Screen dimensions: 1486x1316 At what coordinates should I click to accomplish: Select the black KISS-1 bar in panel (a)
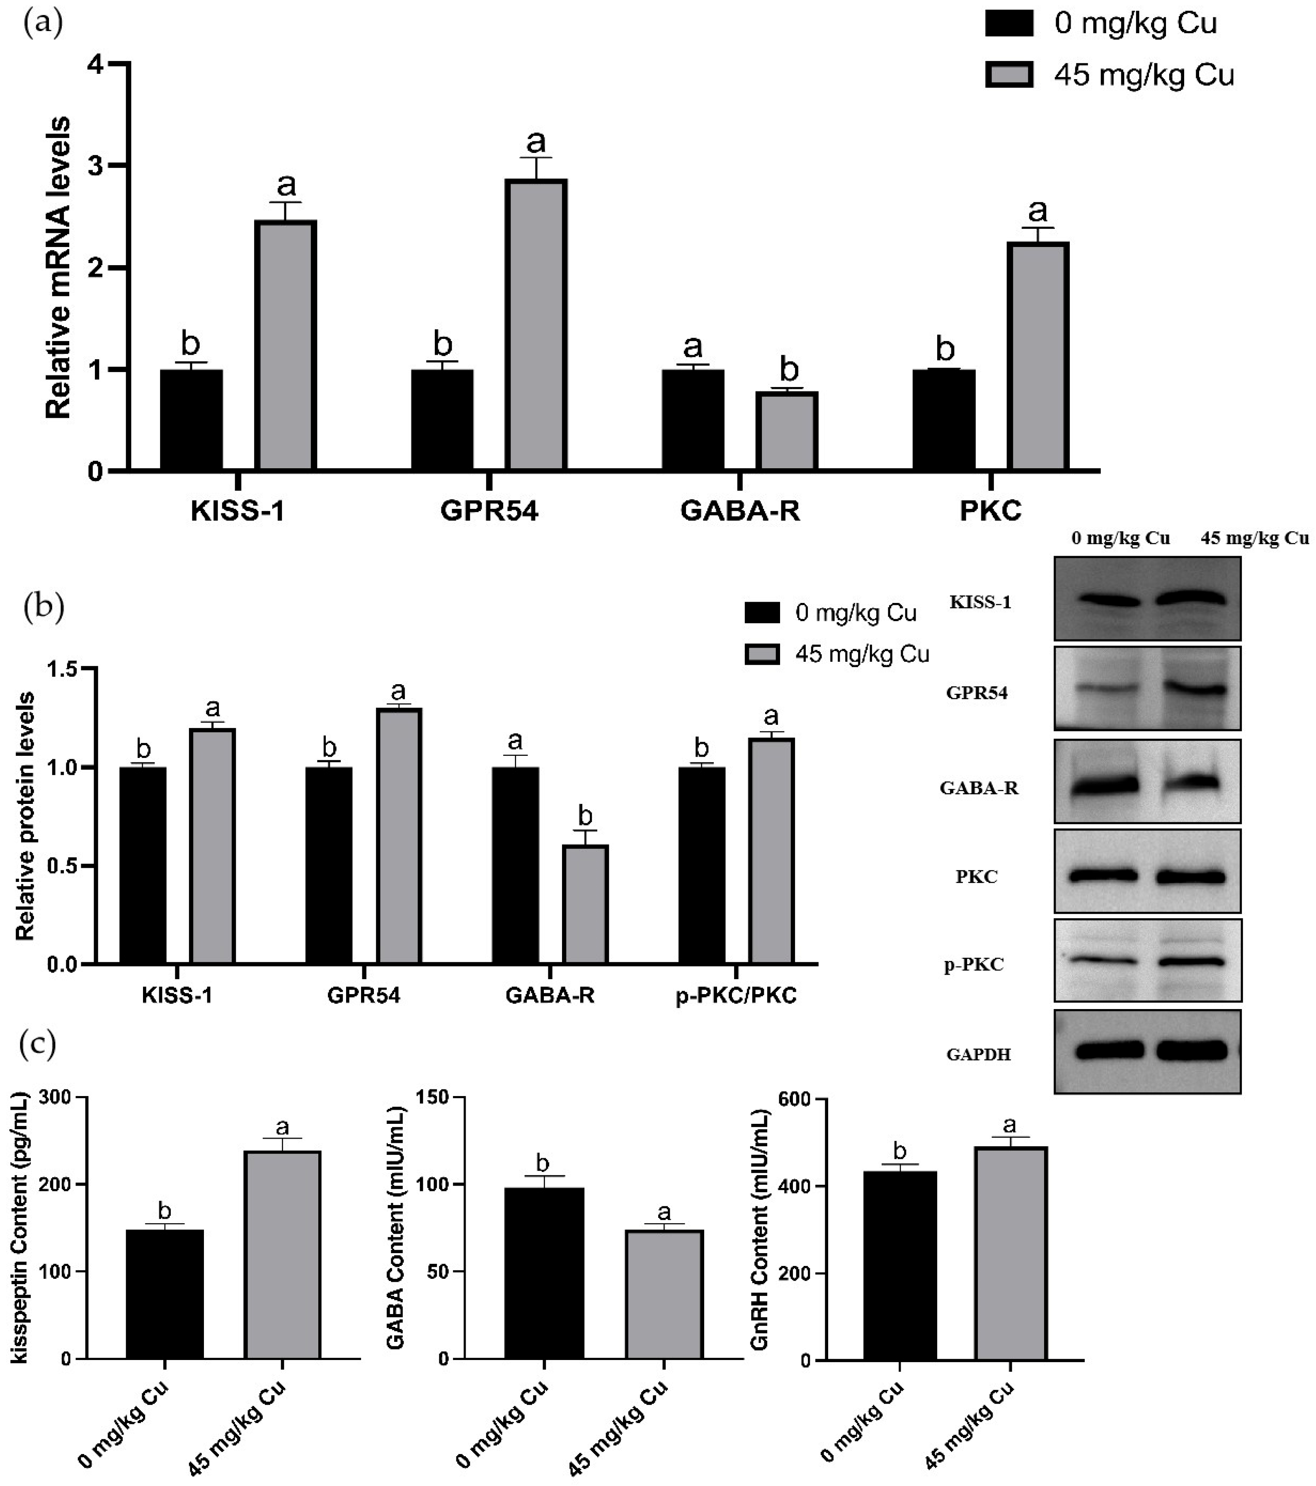[191, 419]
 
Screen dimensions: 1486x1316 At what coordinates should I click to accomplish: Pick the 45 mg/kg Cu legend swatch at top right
[1009, 75]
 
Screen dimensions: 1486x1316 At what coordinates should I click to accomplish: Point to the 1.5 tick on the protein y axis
[63, 669]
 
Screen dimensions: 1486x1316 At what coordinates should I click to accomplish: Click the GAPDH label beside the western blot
[979, 1054]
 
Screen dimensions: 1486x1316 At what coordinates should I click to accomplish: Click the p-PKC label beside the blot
[980, 965]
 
